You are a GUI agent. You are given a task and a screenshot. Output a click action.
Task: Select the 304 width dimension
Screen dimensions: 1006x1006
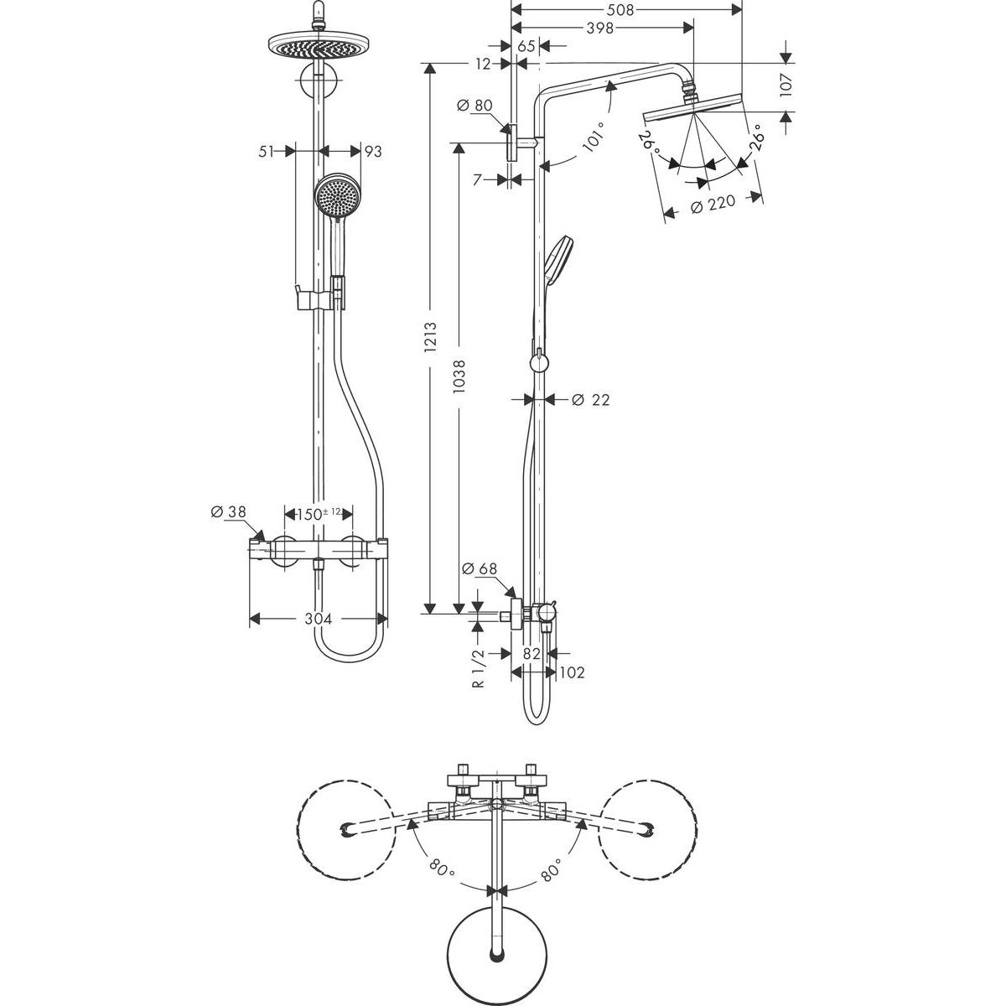point(318,619)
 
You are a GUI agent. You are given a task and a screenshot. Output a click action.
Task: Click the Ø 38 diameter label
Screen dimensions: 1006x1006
point(225,513)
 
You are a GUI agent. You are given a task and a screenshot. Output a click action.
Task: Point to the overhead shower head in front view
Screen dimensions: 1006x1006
point(319,44)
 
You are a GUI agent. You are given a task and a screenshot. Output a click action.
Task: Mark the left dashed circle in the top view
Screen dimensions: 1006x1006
point(345,830)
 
